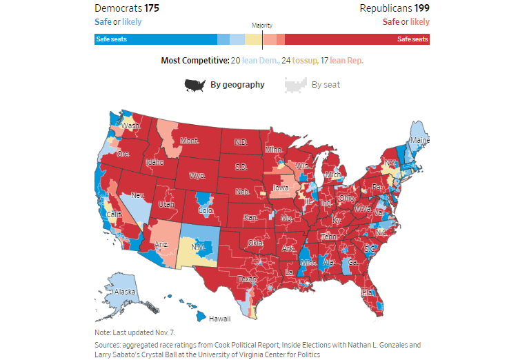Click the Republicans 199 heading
tap(395, 8)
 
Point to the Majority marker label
tap(261, 26)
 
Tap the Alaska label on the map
tap(125, 292)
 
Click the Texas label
tap(247, 279)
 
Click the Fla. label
tap(369, 292)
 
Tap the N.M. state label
tap(198, 247)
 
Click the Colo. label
tap(206, 210)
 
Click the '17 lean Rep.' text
tap(347, 61)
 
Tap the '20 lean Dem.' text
tap(255, 61)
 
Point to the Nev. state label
tap(139, 195)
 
